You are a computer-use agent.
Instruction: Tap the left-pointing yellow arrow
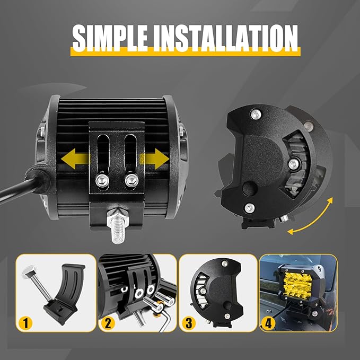[75, 159]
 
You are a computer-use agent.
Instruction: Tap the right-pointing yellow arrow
[154, 159]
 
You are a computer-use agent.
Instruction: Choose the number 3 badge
[189, 323]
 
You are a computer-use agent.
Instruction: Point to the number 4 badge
[268, 323]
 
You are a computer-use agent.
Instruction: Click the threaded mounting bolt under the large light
[118, 226]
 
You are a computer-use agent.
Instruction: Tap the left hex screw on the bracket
[102, 181]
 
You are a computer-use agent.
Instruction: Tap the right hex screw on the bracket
[131, 180]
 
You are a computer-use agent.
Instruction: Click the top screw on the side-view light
[256, 114]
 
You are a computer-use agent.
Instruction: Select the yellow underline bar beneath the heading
[185, 52]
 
